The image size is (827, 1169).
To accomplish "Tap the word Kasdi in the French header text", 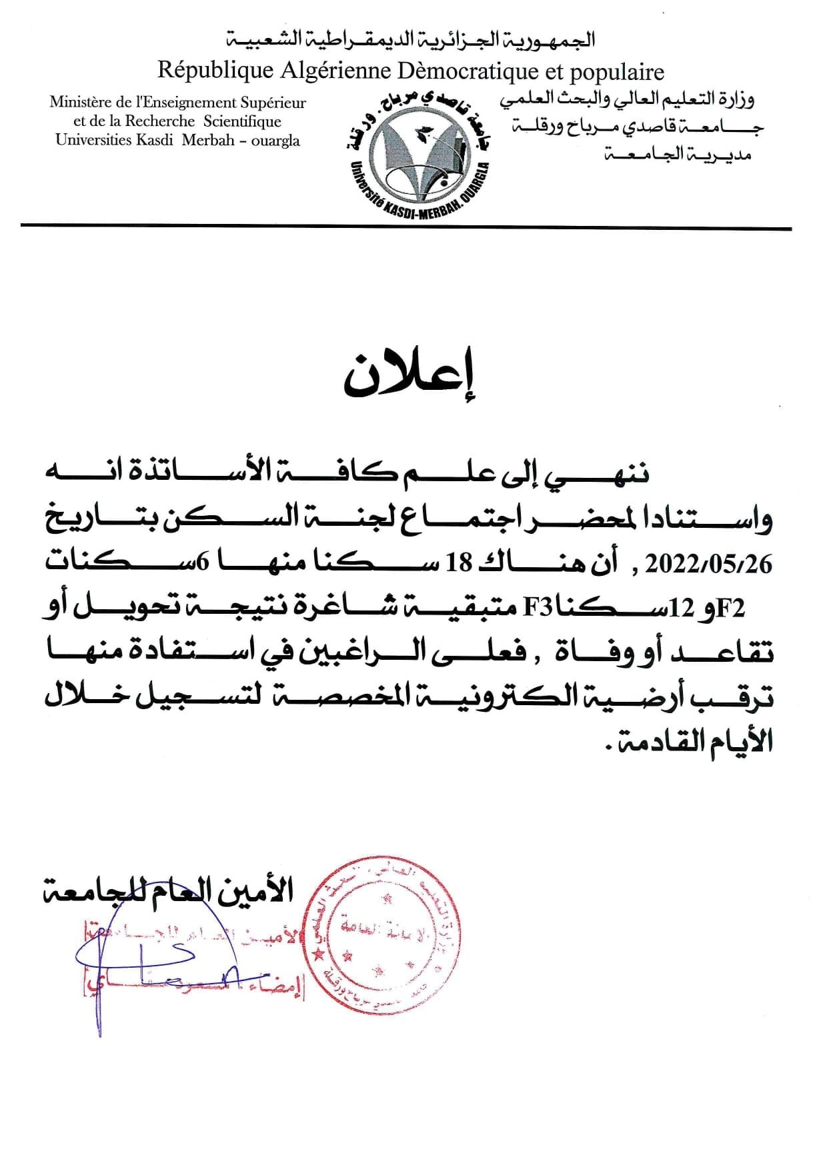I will coord(150,140).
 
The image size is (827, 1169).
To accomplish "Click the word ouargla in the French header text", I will coord(273,141).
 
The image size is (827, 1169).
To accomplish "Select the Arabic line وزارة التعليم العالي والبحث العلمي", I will coord(627,101).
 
